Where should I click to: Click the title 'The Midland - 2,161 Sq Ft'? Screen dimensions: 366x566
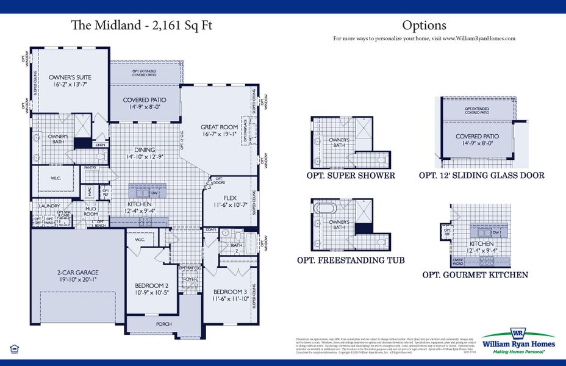(142, 25)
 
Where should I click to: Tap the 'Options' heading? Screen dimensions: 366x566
(424, 25)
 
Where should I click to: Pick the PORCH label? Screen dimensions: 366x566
(163, 324)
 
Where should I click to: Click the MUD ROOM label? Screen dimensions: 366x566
(90, 211)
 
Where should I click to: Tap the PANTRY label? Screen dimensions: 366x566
(90, 167)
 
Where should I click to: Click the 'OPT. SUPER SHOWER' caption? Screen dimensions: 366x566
(351, 176)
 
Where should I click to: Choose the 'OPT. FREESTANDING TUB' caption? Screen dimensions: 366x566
(350, 260)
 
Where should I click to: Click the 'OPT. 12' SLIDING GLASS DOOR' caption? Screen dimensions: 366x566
(481, 176)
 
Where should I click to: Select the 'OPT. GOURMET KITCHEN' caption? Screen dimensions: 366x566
(475, 275)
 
